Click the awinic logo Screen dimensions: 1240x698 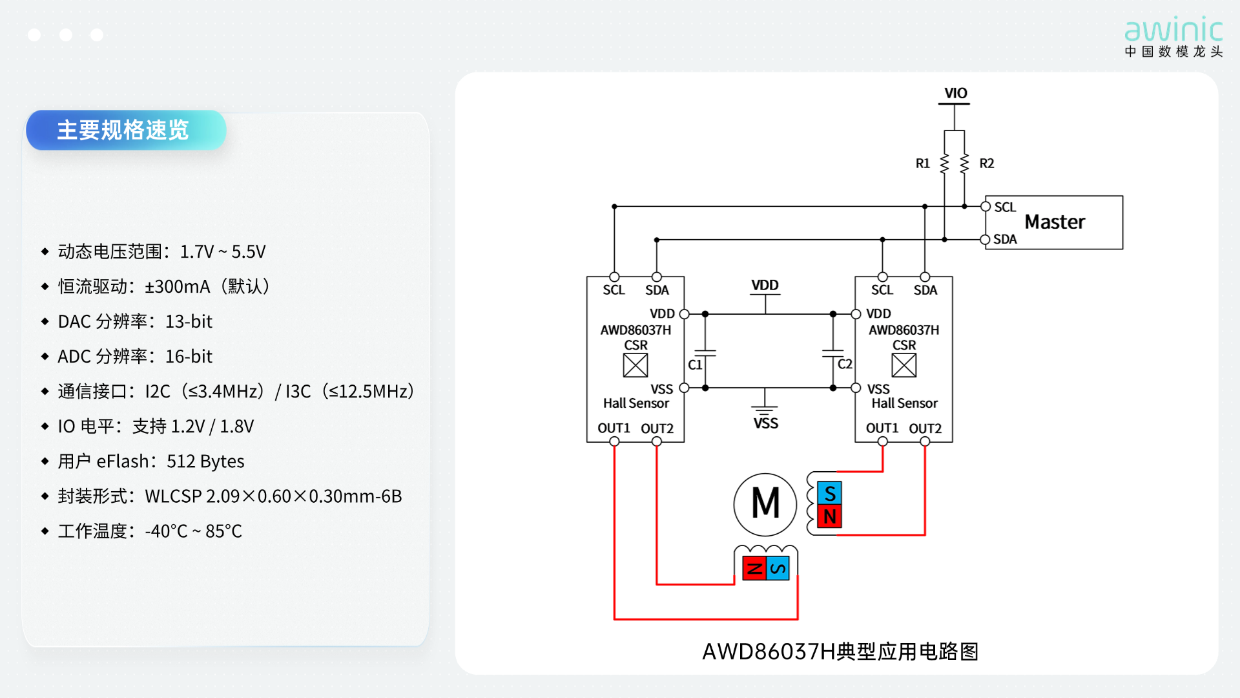1173,37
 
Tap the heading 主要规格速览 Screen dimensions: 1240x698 123,130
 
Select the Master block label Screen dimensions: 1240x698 1055,222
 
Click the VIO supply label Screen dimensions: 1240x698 956,93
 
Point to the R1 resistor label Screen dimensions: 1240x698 923,164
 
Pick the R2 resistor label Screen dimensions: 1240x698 987,164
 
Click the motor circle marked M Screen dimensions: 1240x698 765,504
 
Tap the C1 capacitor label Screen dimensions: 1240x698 695,365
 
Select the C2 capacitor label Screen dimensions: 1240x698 845,364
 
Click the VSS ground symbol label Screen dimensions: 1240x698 766,423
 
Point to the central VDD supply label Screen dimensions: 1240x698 765,285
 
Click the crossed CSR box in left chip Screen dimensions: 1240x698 635,365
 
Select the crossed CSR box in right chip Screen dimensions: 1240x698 904,365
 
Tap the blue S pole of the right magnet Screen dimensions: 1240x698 830,493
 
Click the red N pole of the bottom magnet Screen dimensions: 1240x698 754,568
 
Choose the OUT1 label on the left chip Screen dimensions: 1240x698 614,428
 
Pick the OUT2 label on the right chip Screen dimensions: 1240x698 925,428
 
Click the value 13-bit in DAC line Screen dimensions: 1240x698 189,321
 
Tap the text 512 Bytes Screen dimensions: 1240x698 205,461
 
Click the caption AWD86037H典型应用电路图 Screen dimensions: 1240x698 840,651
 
